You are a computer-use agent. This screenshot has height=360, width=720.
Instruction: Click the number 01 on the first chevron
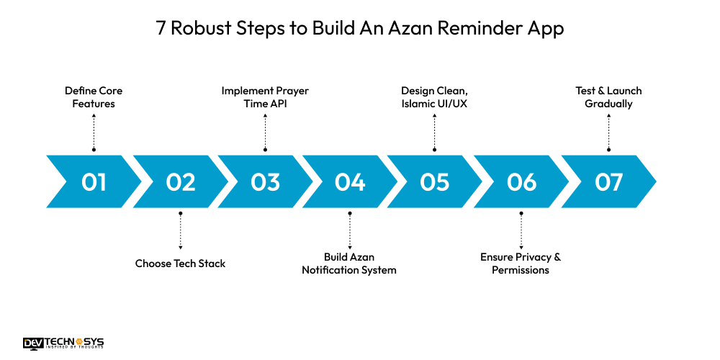point(94,182)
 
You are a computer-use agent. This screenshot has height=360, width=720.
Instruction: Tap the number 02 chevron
point(180,182)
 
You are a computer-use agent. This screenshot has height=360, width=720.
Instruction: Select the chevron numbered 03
point(265,182)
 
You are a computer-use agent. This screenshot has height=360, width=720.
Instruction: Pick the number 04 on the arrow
point(350,182)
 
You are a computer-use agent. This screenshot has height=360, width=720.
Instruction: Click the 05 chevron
point(435,182)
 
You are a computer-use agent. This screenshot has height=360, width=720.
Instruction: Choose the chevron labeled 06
point(521,182)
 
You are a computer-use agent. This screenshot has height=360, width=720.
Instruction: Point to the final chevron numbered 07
point(608,182)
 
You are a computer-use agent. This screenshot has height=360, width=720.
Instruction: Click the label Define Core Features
point(94,97)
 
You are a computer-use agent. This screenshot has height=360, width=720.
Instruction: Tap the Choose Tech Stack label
point(180,264)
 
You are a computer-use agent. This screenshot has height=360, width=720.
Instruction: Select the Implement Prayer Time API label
point(265,97)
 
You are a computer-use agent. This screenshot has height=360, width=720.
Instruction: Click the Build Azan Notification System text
point(349,264)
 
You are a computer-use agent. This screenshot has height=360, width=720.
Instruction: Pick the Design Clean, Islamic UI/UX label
point(435,97)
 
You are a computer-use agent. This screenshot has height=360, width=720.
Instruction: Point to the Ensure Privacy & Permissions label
point(521,264)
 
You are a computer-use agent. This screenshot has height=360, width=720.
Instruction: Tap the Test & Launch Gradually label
point(608,97)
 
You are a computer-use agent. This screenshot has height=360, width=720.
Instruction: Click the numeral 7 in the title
point(161,29)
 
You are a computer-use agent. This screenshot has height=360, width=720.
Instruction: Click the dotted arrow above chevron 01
point(94,132)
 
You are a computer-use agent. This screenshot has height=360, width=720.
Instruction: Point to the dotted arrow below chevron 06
point(521,230)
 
